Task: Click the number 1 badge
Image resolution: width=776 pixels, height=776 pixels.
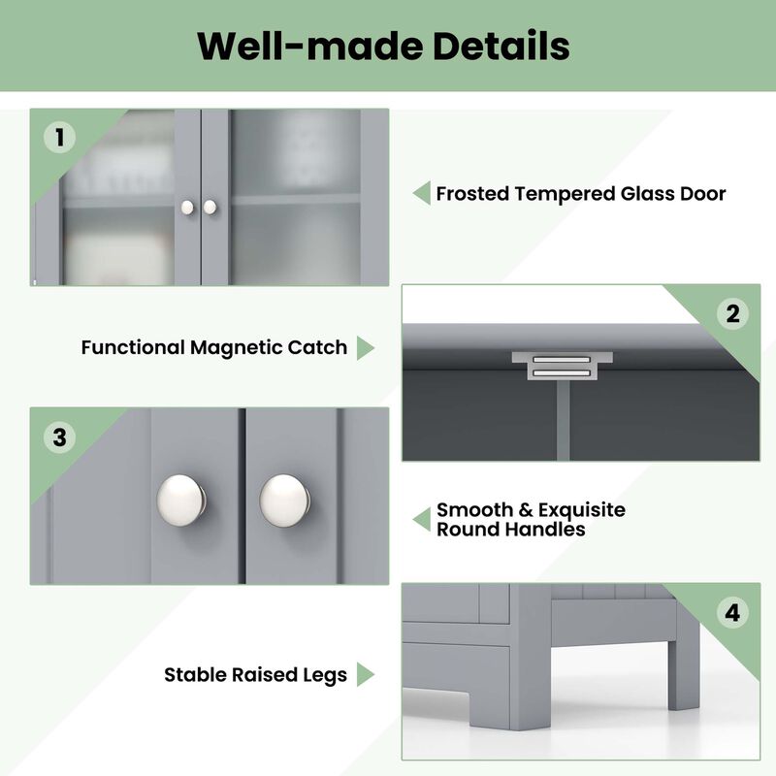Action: tap(60, 138)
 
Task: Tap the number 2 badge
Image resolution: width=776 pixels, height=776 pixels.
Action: tap(732, 313)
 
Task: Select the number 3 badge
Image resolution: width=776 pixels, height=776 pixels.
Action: tap(60, 437)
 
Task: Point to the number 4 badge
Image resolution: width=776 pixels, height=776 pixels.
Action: tap(732, 613)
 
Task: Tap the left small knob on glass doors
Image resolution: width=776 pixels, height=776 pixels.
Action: tap(188, 207)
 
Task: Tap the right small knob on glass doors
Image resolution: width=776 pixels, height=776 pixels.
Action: tap(210, 207)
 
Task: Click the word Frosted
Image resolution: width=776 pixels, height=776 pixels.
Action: tap(473, 194)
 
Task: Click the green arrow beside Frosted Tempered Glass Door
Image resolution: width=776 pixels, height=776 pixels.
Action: tap(421, 193)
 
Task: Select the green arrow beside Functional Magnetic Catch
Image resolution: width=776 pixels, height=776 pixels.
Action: tap(365, 348)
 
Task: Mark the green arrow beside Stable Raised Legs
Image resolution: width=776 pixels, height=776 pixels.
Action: tap(365, 674)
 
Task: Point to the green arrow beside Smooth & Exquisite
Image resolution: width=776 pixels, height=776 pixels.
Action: tap(421, 519)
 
